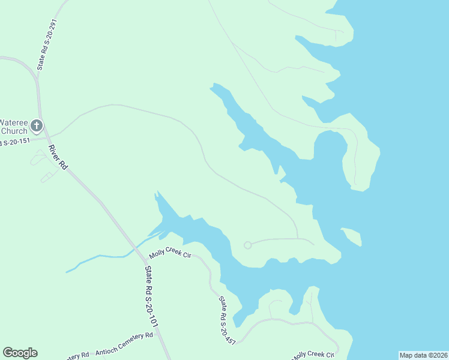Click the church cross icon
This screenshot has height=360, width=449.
36,125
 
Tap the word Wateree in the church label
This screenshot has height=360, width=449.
13,121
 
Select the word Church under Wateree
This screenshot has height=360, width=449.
14,131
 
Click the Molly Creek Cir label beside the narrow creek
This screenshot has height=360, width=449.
170,254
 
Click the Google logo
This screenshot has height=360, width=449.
20,353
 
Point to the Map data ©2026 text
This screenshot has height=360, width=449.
423,355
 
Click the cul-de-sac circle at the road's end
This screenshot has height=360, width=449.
247,245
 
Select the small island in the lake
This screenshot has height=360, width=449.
352,236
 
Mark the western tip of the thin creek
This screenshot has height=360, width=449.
67,271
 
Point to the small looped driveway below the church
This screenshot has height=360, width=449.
40,158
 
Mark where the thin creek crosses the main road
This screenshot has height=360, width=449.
136,247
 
